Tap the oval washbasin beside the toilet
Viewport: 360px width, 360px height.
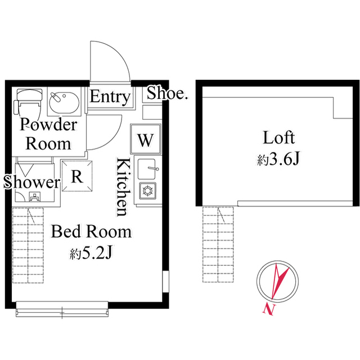click(64, 102)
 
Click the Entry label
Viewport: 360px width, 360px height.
click(110, 97)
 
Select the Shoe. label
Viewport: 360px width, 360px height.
click(167, 93)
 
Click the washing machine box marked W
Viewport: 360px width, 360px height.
click(145, 139)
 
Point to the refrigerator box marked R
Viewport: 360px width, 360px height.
click(77, 176)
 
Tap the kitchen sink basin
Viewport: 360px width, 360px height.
click(147, 169)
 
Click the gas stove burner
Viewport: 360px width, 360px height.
click(147, 191)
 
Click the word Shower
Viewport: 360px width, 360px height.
click(31, 182)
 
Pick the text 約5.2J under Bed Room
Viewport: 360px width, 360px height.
click(91, 254)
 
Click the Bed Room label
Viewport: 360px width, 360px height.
click(91, 232)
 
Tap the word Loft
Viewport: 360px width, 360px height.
click(279, 137)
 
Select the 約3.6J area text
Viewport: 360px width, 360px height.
click(278, 159)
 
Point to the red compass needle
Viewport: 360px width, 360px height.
click(279, 281)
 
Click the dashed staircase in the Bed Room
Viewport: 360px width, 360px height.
click(28, 245)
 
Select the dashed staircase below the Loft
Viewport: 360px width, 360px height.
click(218, 244)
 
